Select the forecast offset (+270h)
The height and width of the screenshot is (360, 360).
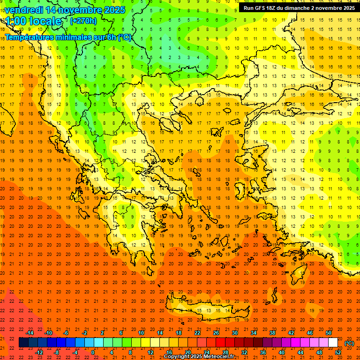(83, 21)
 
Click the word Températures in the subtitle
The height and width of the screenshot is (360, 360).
(28, 37)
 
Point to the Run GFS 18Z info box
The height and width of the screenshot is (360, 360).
(299, 8)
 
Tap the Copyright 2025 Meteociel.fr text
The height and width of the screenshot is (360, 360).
(199, 357)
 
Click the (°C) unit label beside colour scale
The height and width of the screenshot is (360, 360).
(349, 343)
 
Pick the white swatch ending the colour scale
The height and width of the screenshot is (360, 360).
(333, 343)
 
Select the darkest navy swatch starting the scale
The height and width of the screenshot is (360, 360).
(23, 343)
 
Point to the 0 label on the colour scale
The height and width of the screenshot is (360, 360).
(93, 352)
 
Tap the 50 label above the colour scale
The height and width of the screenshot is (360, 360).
(328, 333)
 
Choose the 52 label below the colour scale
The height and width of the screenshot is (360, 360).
(338, 352)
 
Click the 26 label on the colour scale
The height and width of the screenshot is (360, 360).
(216, 333)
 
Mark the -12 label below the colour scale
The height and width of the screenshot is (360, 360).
(39, 352)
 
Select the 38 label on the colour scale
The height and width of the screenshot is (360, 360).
(272, 333)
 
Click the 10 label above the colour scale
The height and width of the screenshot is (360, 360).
(141, 333)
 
